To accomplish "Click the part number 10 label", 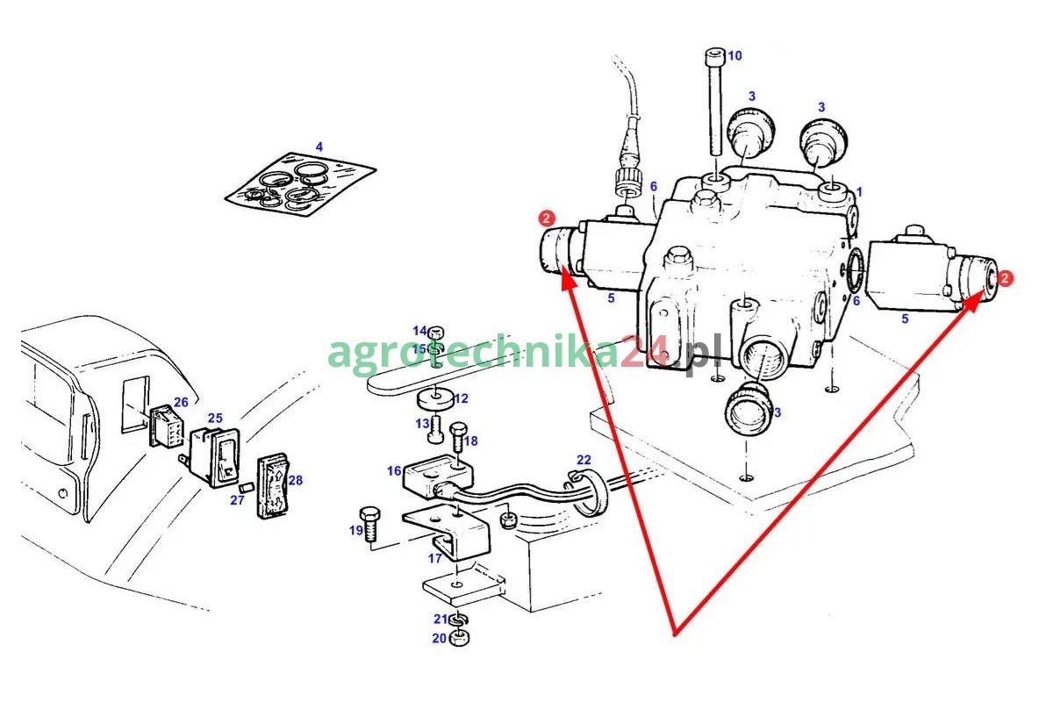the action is tap(734, 56).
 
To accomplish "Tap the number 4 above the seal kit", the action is tap(319, 147).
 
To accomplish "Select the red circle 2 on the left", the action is tap(546, 218).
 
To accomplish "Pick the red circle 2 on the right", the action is tap(1005, 278).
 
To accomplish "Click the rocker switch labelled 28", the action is tap(273, 486).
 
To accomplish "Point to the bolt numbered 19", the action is tap(370, 523).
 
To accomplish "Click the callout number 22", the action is tap(584, 460).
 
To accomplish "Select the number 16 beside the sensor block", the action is tap(394, 471).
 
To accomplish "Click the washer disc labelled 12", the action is tap(436, 399).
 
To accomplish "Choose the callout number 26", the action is tap(181, 403).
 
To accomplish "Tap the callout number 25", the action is tap(215, 419).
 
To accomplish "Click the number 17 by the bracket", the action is tap(435, 559).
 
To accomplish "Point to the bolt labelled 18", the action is tap(458, 436).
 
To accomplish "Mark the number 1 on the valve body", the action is tap(859, 192).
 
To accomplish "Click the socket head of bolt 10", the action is tap(715, 57).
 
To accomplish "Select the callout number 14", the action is tap(419, 331).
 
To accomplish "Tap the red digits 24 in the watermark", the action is tap(646, 351).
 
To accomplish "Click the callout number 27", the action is tap(237, 500).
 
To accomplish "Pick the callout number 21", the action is tap(441, 620).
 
